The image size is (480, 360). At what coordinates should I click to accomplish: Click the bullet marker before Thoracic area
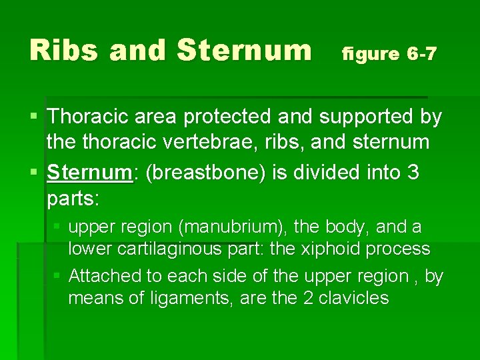tap(33, 117)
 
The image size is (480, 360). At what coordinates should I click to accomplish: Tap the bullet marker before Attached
tap(58, 275)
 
